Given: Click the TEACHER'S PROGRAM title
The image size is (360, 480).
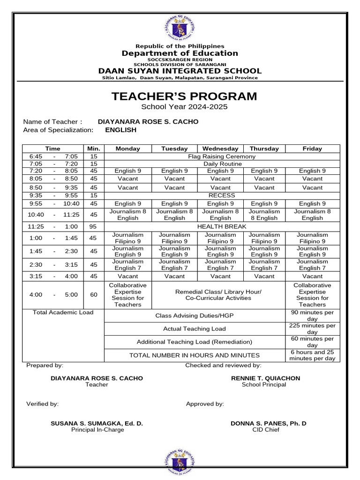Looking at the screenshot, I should [x=184, y=97].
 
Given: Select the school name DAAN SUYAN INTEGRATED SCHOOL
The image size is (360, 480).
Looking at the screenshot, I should [x=180, y=71].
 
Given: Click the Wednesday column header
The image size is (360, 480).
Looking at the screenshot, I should [x=220, y=149].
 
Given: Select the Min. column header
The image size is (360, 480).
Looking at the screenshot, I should [x=93, y=149].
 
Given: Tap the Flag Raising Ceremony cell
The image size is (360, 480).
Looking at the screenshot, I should [x=222, y=156].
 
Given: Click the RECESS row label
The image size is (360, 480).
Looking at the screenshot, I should [x=222, y=195].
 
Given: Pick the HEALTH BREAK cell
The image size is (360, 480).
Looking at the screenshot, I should [x=222, y=226].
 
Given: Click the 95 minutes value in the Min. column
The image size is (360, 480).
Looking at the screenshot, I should [x=93, y=226].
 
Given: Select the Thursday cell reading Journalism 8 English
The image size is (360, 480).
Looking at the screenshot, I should [x=264, y=214].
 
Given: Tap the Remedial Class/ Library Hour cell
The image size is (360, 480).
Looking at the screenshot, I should [x=218, y=295].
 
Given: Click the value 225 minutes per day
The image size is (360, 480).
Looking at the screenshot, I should [x=312, y=329].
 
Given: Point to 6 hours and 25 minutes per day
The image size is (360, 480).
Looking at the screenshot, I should [x=312, y=355].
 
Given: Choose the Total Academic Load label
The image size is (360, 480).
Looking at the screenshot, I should [x=63, y=313].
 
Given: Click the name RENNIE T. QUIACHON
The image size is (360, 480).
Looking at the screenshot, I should [x=265, y=378].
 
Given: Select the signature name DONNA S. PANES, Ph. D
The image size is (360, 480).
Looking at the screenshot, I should [x=269, y=423].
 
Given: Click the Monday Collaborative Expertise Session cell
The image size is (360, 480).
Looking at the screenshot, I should [x=127, y=295].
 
